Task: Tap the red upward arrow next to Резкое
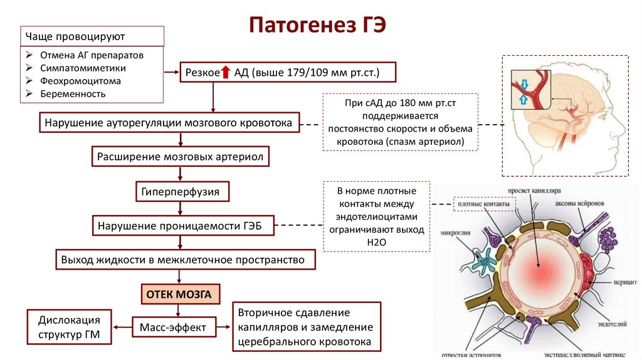click(x=226, y=73)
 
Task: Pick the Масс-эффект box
click(x=174, y=326)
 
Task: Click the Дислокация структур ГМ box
click(x=69, y=326)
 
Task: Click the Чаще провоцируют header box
click(x=92, y=36)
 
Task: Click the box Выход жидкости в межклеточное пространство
click(x=182, y=259)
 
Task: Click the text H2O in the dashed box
click(x=376, y=242)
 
